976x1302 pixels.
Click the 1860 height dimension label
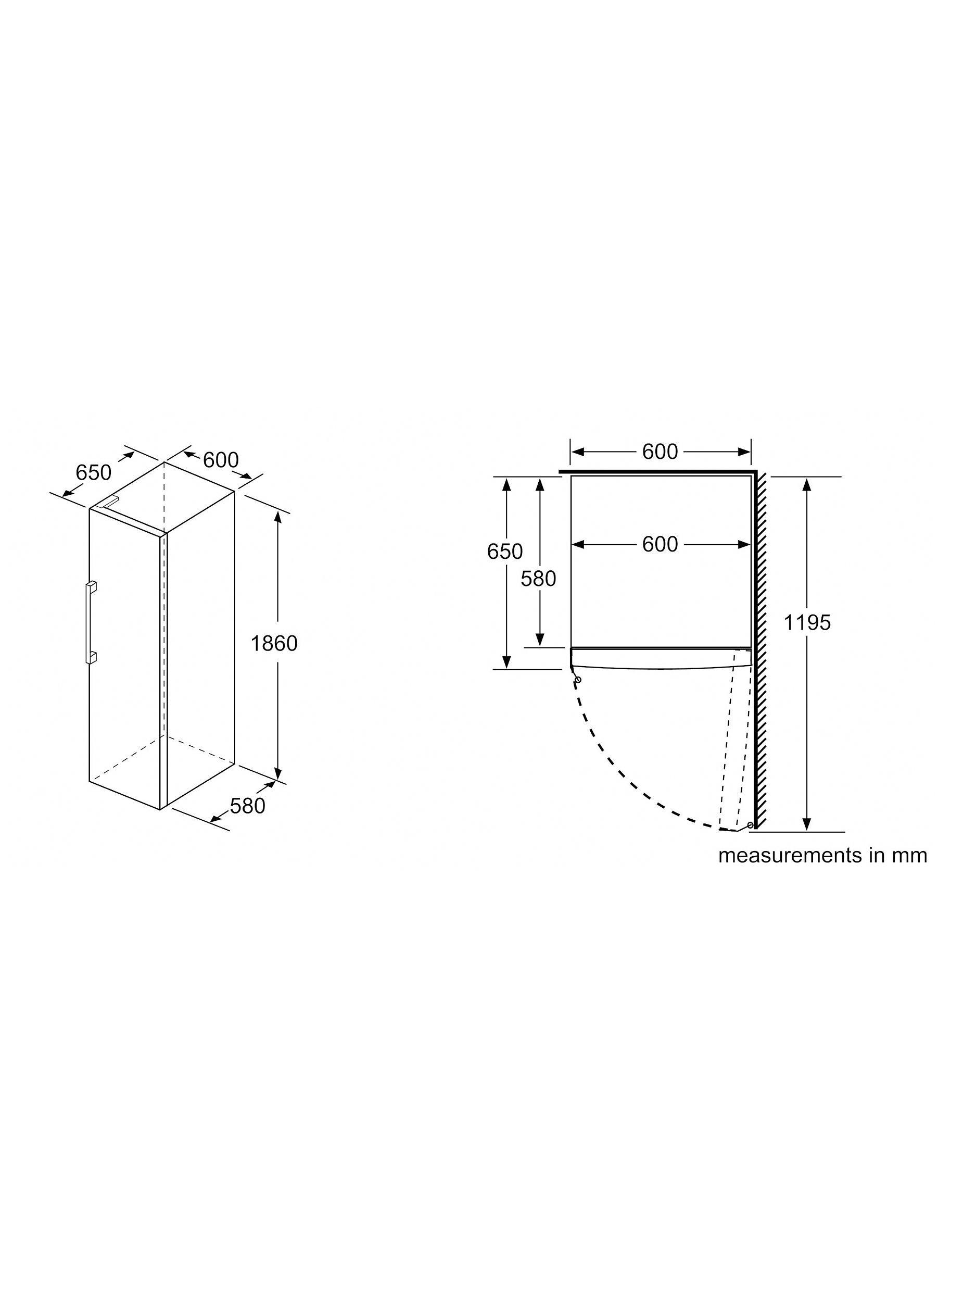[x=274, y=643]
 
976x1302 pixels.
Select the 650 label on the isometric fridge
[x=94, y=472]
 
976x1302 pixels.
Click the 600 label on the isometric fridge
[x=221, y=460]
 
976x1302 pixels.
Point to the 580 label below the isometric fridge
[x=248, y=806]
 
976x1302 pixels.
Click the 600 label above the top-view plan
[x=660, y=452]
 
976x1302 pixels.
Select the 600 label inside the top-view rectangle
[x=660, y=544]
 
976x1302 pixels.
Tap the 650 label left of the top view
[x=505, y=552]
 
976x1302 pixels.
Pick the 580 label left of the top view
[x=538, y=579]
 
